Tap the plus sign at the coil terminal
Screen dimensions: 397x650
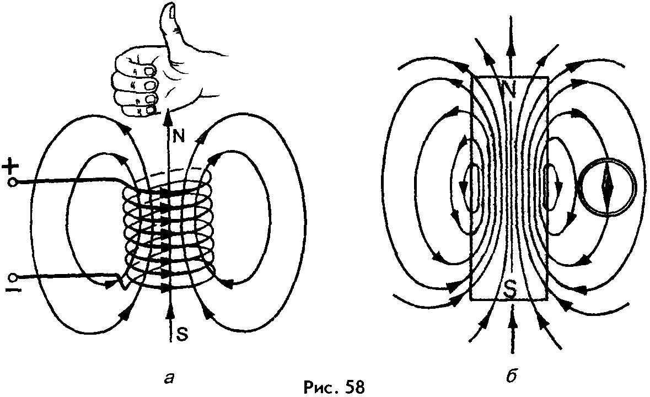click(12, 165)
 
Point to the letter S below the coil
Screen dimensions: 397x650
click(180, 332)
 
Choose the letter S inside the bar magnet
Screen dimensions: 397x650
click(511, 288)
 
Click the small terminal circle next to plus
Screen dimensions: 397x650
click(12, 181)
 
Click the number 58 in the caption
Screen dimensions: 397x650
click(352, 386)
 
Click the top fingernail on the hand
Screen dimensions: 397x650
click(149, 71)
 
